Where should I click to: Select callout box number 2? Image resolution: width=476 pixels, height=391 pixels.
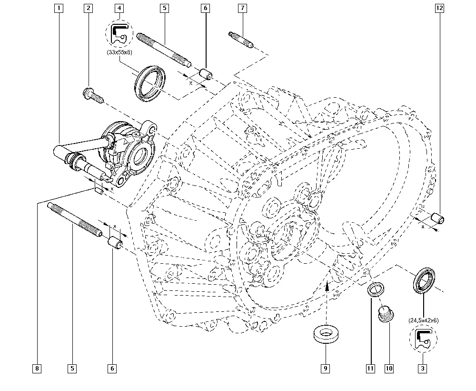tap(88, 8)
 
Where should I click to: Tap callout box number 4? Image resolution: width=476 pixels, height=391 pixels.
tap(119, 8)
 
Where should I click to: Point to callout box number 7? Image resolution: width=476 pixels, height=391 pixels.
tap(243, 8)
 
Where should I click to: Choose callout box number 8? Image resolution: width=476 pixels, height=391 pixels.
tap(37, 368)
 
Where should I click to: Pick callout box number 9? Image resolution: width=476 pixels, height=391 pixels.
tap(326, 368)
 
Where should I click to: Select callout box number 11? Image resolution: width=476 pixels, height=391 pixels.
tap(370, 368)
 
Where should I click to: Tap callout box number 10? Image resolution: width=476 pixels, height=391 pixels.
tap(389, 368)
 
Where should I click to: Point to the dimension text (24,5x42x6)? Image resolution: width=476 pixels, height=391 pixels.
tap(423, 320)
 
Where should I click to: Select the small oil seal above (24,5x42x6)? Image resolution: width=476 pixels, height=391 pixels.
tap(423, 280)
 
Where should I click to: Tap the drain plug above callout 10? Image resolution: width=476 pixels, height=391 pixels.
tap(385, 315)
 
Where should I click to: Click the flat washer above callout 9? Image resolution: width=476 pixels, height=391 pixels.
tap(326, 333)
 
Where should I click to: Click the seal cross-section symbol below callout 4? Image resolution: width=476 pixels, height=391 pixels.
tap(119, 33)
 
